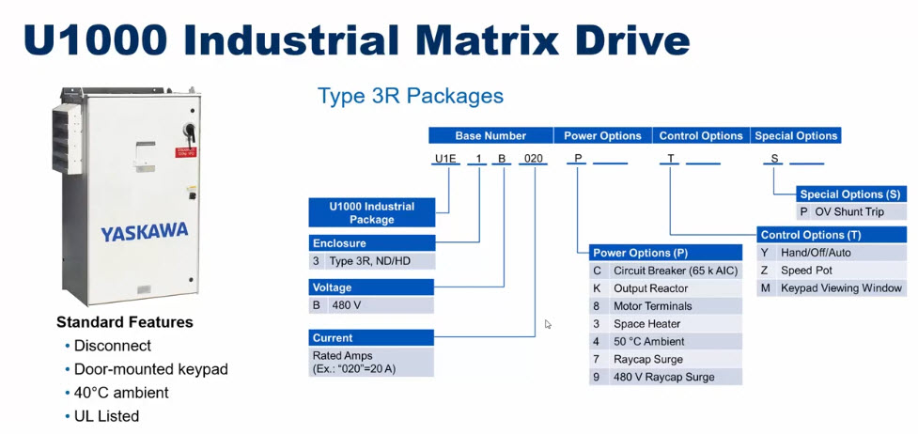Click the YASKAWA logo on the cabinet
pyautogui.click(x=144, y=231)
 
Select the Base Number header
pyautogui.click(x=490, y=135)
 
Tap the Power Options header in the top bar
pyautogui.click(x=602, y=135)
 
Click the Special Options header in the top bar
pyautogui.click(x=796, y=135)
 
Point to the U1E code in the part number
pyautogui.click(x=445, y=160)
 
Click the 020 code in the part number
pyautogui.click(x=534, y=160)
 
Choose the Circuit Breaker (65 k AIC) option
pyautogui.click(x=676, y=271)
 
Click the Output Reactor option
pyautogui.click(x=650, y=288)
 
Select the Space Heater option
pyautogui.click(x=646, y=324)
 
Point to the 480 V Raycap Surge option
pyautogui.click(x=663, y=377)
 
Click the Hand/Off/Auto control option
pyautogui.click(x=817, y=253)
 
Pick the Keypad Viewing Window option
pyautogui.click(x=841, y=288)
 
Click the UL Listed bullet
pyautogui.click(x=106, y=415)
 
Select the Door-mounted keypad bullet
pyautogui.click(x=150, y=369)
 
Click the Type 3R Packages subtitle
pyautogui.click(x=410, y=96)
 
